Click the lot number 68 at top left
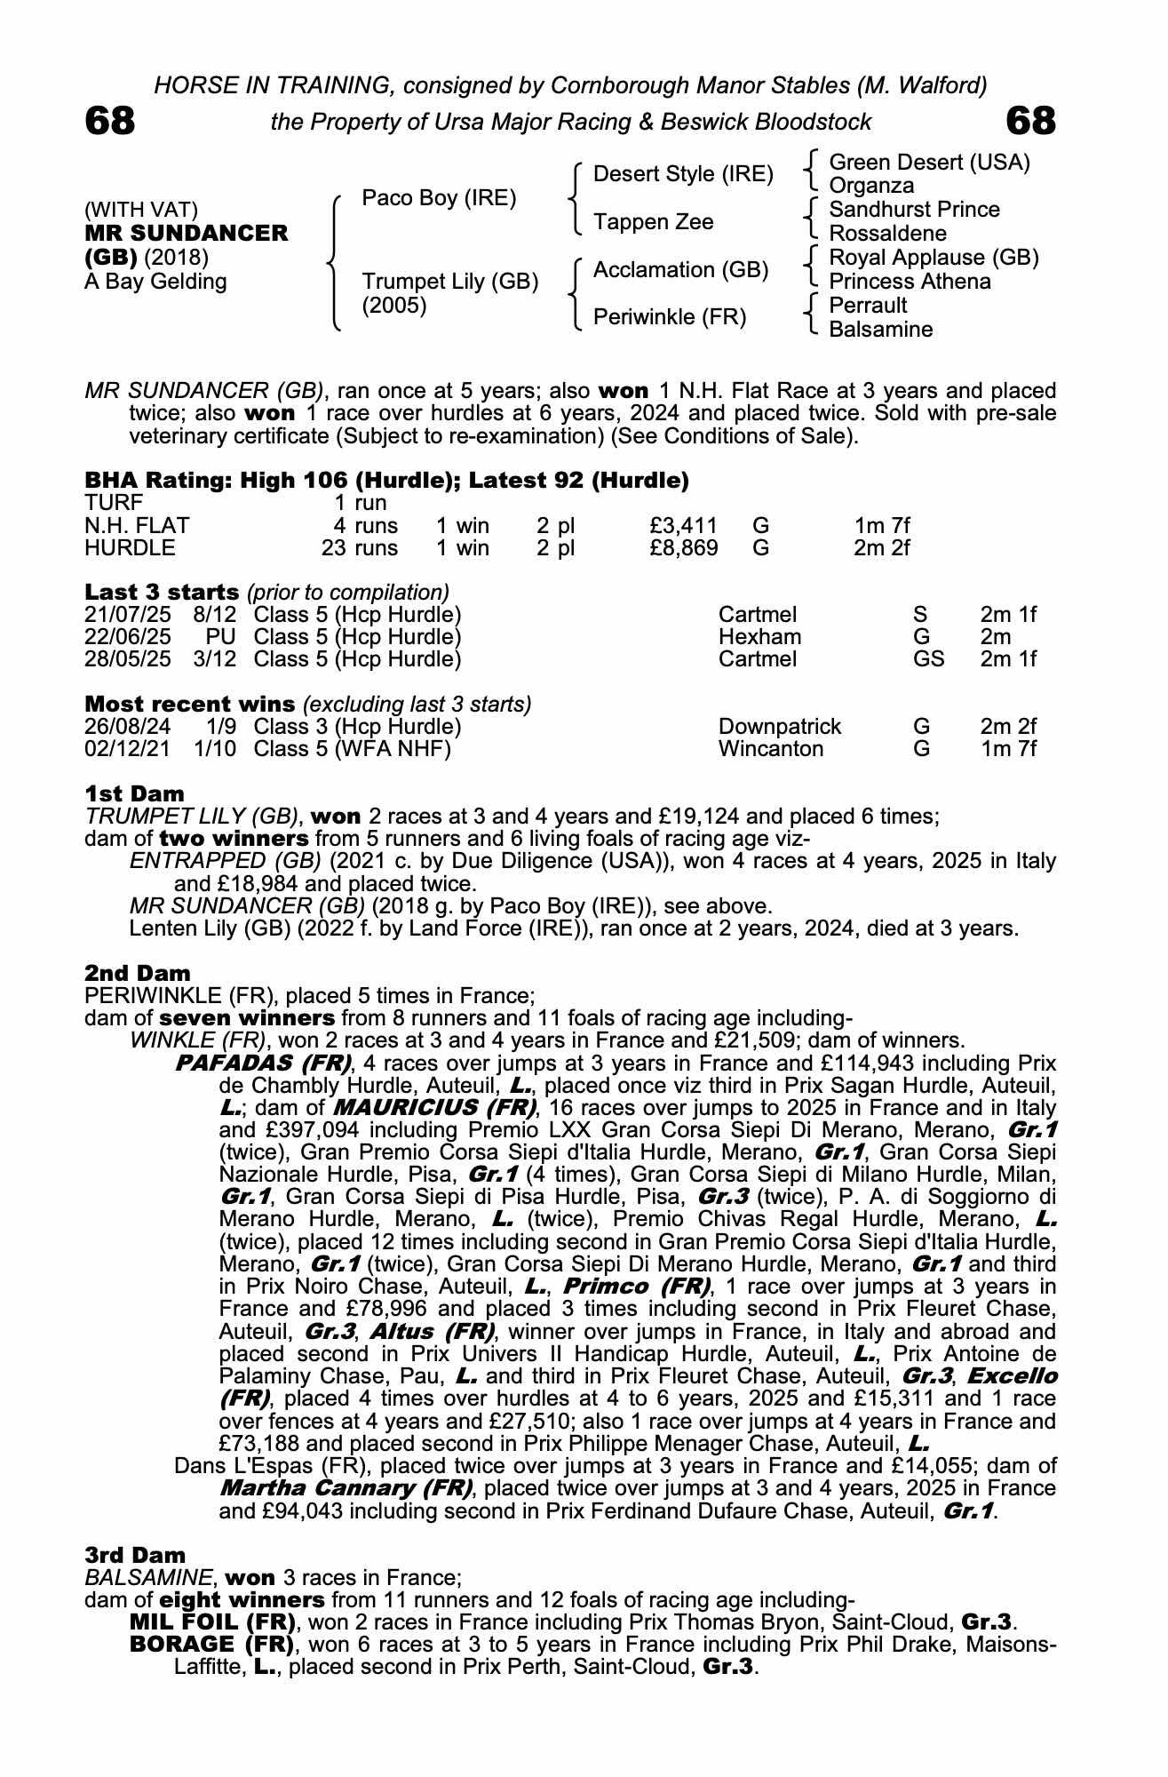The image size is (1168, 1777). click(x=110, y=121)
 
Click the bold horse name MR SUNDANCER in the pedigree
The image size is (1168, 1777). click(x=187, y=234)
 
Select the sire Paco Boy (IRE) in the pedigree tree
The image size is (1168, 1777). click(x=439, y=198)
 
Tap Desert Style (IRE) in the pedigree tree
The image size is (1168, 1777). click(x=683, y=174)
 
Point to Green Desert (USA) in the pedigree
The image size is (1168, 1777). click(x=929, y=163)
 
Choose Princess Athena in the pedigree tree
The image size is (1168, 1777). click(x=910, y=282)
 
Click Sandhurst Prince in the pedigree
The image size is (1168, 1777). click(x=914, y=210)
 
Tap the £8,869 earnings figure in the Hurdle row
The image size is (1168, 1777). click(x=684, y=548)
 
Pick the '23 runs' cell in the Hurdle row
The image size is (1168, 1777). click(x=360, y=548)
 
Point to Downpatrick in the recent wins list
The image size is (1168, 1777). click(x=779, y=727)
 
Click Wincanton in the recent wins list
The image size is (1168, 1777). click(x=770, y=749)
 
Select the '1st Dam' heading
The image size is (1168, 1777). click(x=135, y=793)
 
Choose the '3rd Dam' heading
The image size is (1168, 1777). click(x=135, y=1555)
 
